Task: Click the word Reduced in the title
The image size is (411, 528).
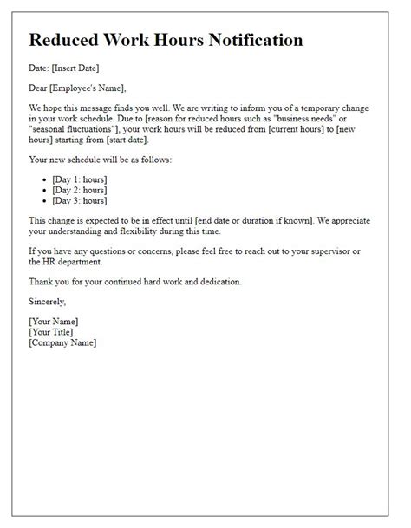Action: (x=64, y=40)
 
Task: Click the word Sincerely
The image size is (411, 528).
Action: (x=47, y=302)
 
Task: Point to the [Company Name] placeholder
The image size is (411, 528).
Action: (x=62, y=342)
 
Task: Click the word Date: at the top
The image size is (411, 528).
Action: (x=40, y=68)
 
